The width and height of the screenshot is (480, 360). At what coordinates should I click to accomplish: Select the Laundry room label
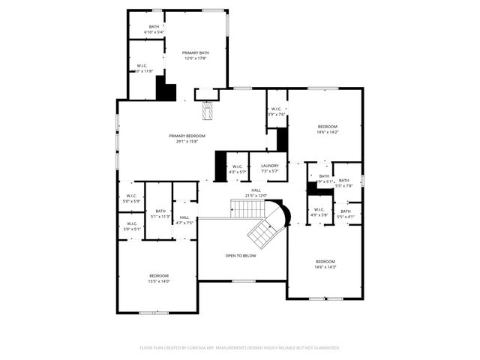(270, 168)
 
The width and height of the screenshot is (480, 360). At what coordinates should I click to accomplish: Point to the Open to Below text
(241, 256)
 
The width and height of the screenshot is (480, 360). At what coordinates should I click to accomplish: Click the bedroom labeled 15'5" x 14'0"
(159, 278)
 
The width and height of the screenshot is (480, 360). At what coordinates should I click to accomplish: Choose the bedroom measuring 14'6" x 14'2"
(327, 129)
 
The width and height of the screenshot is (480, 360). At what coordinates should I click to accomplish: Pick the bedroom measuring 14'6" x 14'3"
(325, 264)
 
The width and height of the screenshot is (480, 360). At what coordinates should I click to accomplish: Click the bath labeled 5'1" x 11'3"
(160, 214)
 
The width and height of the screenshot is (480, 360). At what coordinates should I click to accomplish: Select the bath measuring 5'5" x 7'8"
(343, 183)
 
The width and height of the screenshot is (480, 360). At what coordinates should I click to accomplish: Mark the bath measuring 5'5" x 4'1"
(345, 214)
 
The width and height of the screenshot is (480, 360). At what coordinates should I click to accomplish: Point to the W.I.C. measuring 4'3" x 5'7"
(237, 169)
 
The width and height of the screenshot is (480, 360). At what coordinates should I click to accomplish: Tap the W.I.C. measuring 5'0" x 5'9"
(131, 198)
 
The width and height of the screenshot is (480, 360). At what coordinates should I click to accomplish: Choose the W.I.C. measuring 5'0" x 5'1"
(131, 226)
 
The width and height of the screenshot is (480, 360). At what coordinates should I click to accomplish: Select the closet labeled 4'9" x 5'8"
(319, 212)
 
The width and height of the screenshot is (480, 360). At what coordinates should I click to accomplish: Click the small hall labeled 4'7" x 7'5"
(184, 220)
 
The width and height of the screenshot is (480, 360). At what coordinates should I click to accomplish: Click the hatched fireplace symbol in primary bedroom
(208, 110)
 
